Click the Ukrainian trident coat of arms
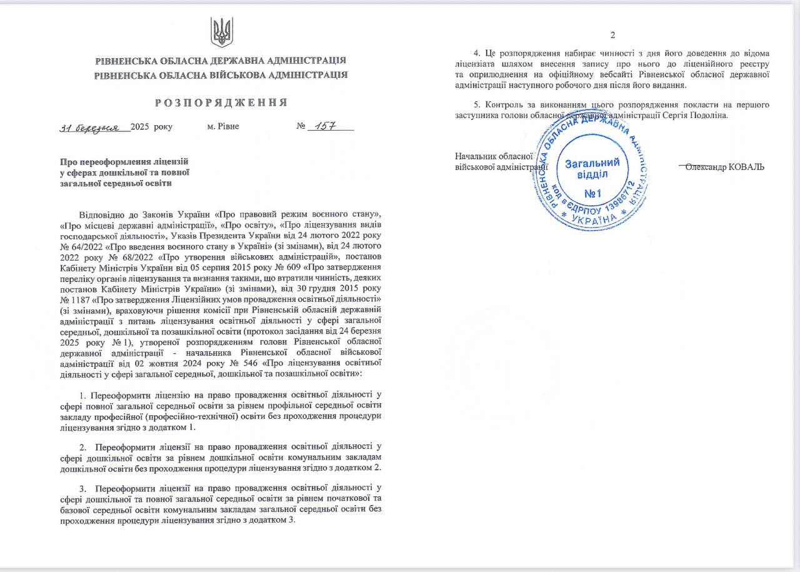[x=221, y=32]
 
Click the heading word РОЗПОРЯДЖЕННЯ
[x=221, y=103]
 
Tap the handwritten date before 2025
[x=94, y=127]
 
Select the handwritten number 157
[x=326, y=126]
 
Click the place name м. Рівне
[x=223, y=127]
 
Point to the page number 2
[x=613, y=35]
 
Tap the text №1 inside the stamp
[x=592, y=194]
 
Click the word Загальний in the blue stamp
[x=592, y=164]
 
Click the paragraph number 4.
[x=477, y=54]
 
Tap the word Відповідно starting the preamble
[x=102, y=214]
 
